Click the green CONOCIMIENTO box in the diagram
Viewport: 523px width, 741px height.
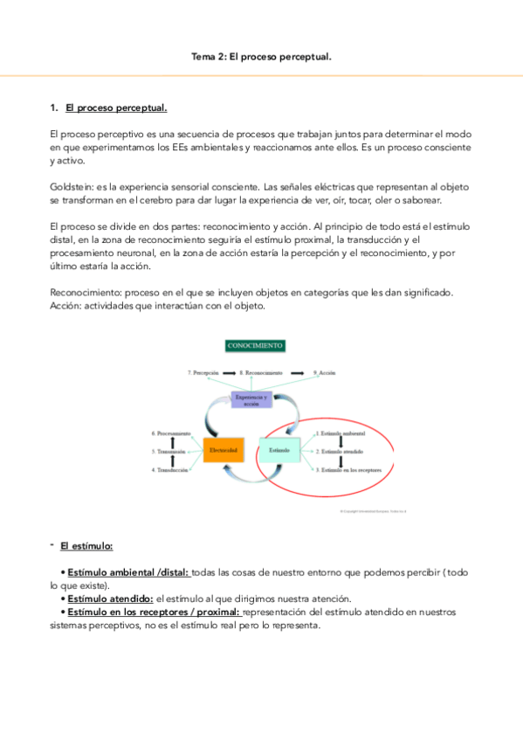coord(255,346)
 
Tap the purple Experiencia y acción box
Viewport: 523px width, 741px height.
coord(253,398)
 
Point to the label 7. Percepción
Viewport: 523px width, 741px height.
coord(202,372)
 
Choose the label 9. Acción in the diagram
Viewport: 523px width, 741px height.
coord(325,372)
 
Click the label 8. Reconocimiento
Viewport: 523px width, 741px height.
coord(260,372)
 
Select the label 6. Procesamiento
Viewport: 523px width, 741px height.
coord(170,433)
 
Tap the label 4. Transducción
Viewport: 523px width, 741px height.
coord(170,470)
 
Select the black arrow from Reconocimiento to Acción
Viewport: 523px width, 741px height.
coord(299,372)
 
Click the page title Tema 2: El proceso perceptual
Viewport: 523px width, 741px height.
coord(261,56)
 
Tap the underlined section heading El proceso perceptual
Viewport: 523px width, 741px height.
coord(116,108)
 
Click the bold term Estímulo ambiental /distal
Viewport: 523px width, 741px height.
coord(127,572)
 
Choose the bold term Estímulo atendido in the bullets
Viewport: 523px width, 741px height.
coord(110,599)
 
